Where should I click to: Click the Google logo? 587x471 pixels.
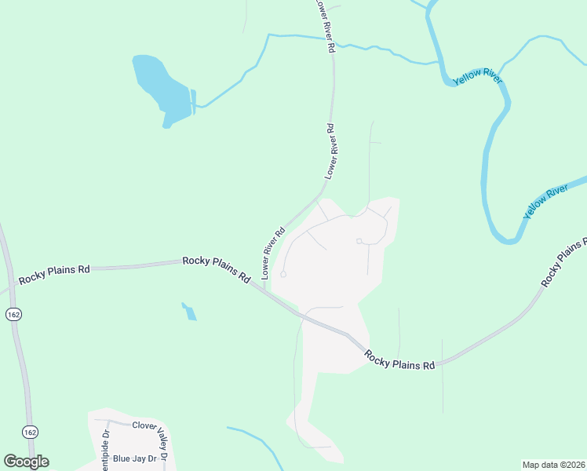coord(26,462)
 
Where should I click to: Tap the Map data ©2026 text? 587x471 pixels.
coord(553,465)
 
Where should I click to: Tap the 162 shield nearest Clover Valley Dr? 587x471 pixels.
coord(30,433)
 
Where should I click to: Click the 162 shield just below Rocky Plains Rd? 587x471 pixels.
coord(13,314)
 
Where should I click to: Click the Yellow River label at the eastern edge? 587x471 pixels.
coord(545,201)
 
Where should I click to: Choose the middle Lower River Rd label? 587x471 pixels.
coord(331,149)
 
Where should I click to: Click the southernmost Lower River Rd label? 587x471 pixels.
coord(272,254)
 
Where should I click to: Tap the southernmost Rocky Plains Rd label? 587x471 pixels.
coord(399,361)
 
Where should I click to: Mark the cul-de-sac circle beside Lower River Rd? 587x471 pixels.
coord(283,274)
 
